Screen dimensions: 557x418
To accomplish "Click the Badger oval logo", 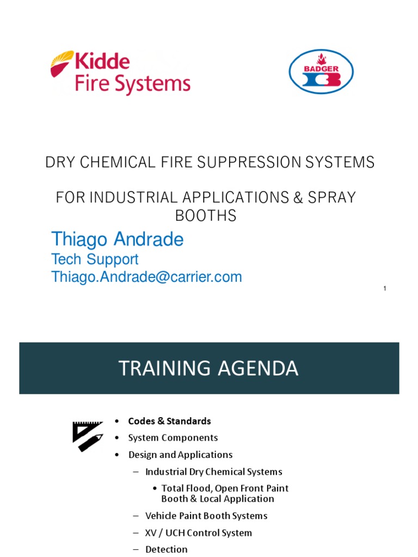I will coord(321,72).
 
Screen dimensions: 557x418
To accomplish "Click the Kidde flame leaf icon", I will coord(62,63).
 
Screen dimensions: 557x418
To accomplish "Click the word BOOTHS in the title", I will coord(205,216).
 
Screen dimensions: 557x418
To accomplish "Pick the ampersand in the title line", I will coord(297,197).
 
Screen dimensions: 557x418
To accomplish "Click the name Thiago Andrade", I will coord(117,239).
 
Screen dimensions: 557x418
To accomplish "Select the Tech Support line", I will coord(95,259).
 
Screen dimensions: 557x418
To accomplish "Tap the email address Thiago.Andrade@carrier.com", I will coord(146,277).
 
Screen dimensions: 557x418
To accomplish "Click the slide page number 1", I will coord(385,288).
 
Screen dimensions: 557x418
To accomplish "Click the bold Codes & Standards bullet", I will coord(169,421).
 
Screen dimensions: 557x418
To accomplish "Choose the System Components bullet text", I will coord(173,438).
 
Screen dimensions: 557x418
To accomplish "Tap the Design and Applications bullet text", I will coord(180,455).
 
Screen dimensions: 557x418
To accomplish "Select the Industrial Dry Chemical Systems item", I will coord(213,472).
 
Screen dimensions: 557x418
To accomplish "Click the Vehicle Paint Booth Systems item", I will coord(206,516).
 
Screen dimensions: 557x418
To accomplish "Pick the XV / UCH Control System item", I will coord(199,533).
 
